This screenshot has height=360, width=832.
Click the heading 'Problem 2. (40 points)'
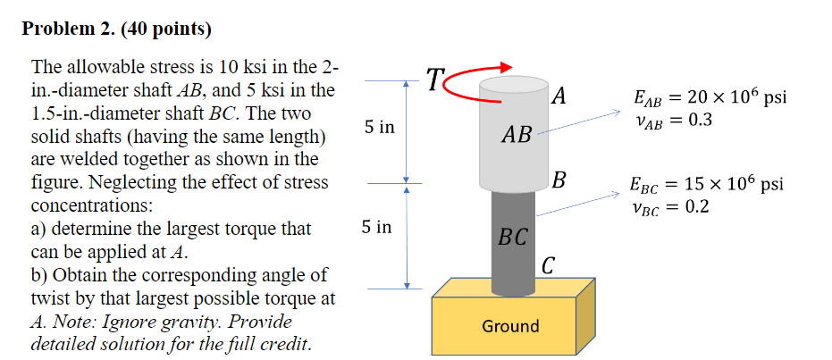(x=117, y=29)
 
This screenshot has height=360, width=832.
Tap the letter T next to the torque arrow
(x=433, y=80)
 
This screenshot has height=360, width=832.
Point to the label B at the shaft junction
(x=559, y=181)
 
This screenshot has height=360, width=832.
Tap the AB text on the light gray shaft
(x=517, y=136)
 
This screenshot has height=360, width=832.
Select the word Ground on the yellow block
(x=510, y=326)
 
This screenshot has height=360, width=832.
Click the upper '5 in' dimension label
(x=379, y=128)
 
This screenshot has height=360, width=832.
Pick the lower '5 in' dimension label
(x=377, y=228)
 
